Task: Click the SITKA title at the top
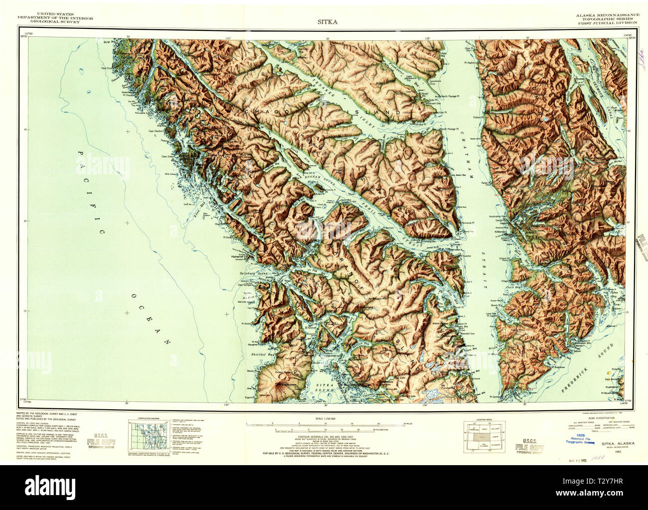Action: tap(327, 21)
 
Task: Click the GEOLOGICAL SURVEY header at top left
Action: tap(54, 22)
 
